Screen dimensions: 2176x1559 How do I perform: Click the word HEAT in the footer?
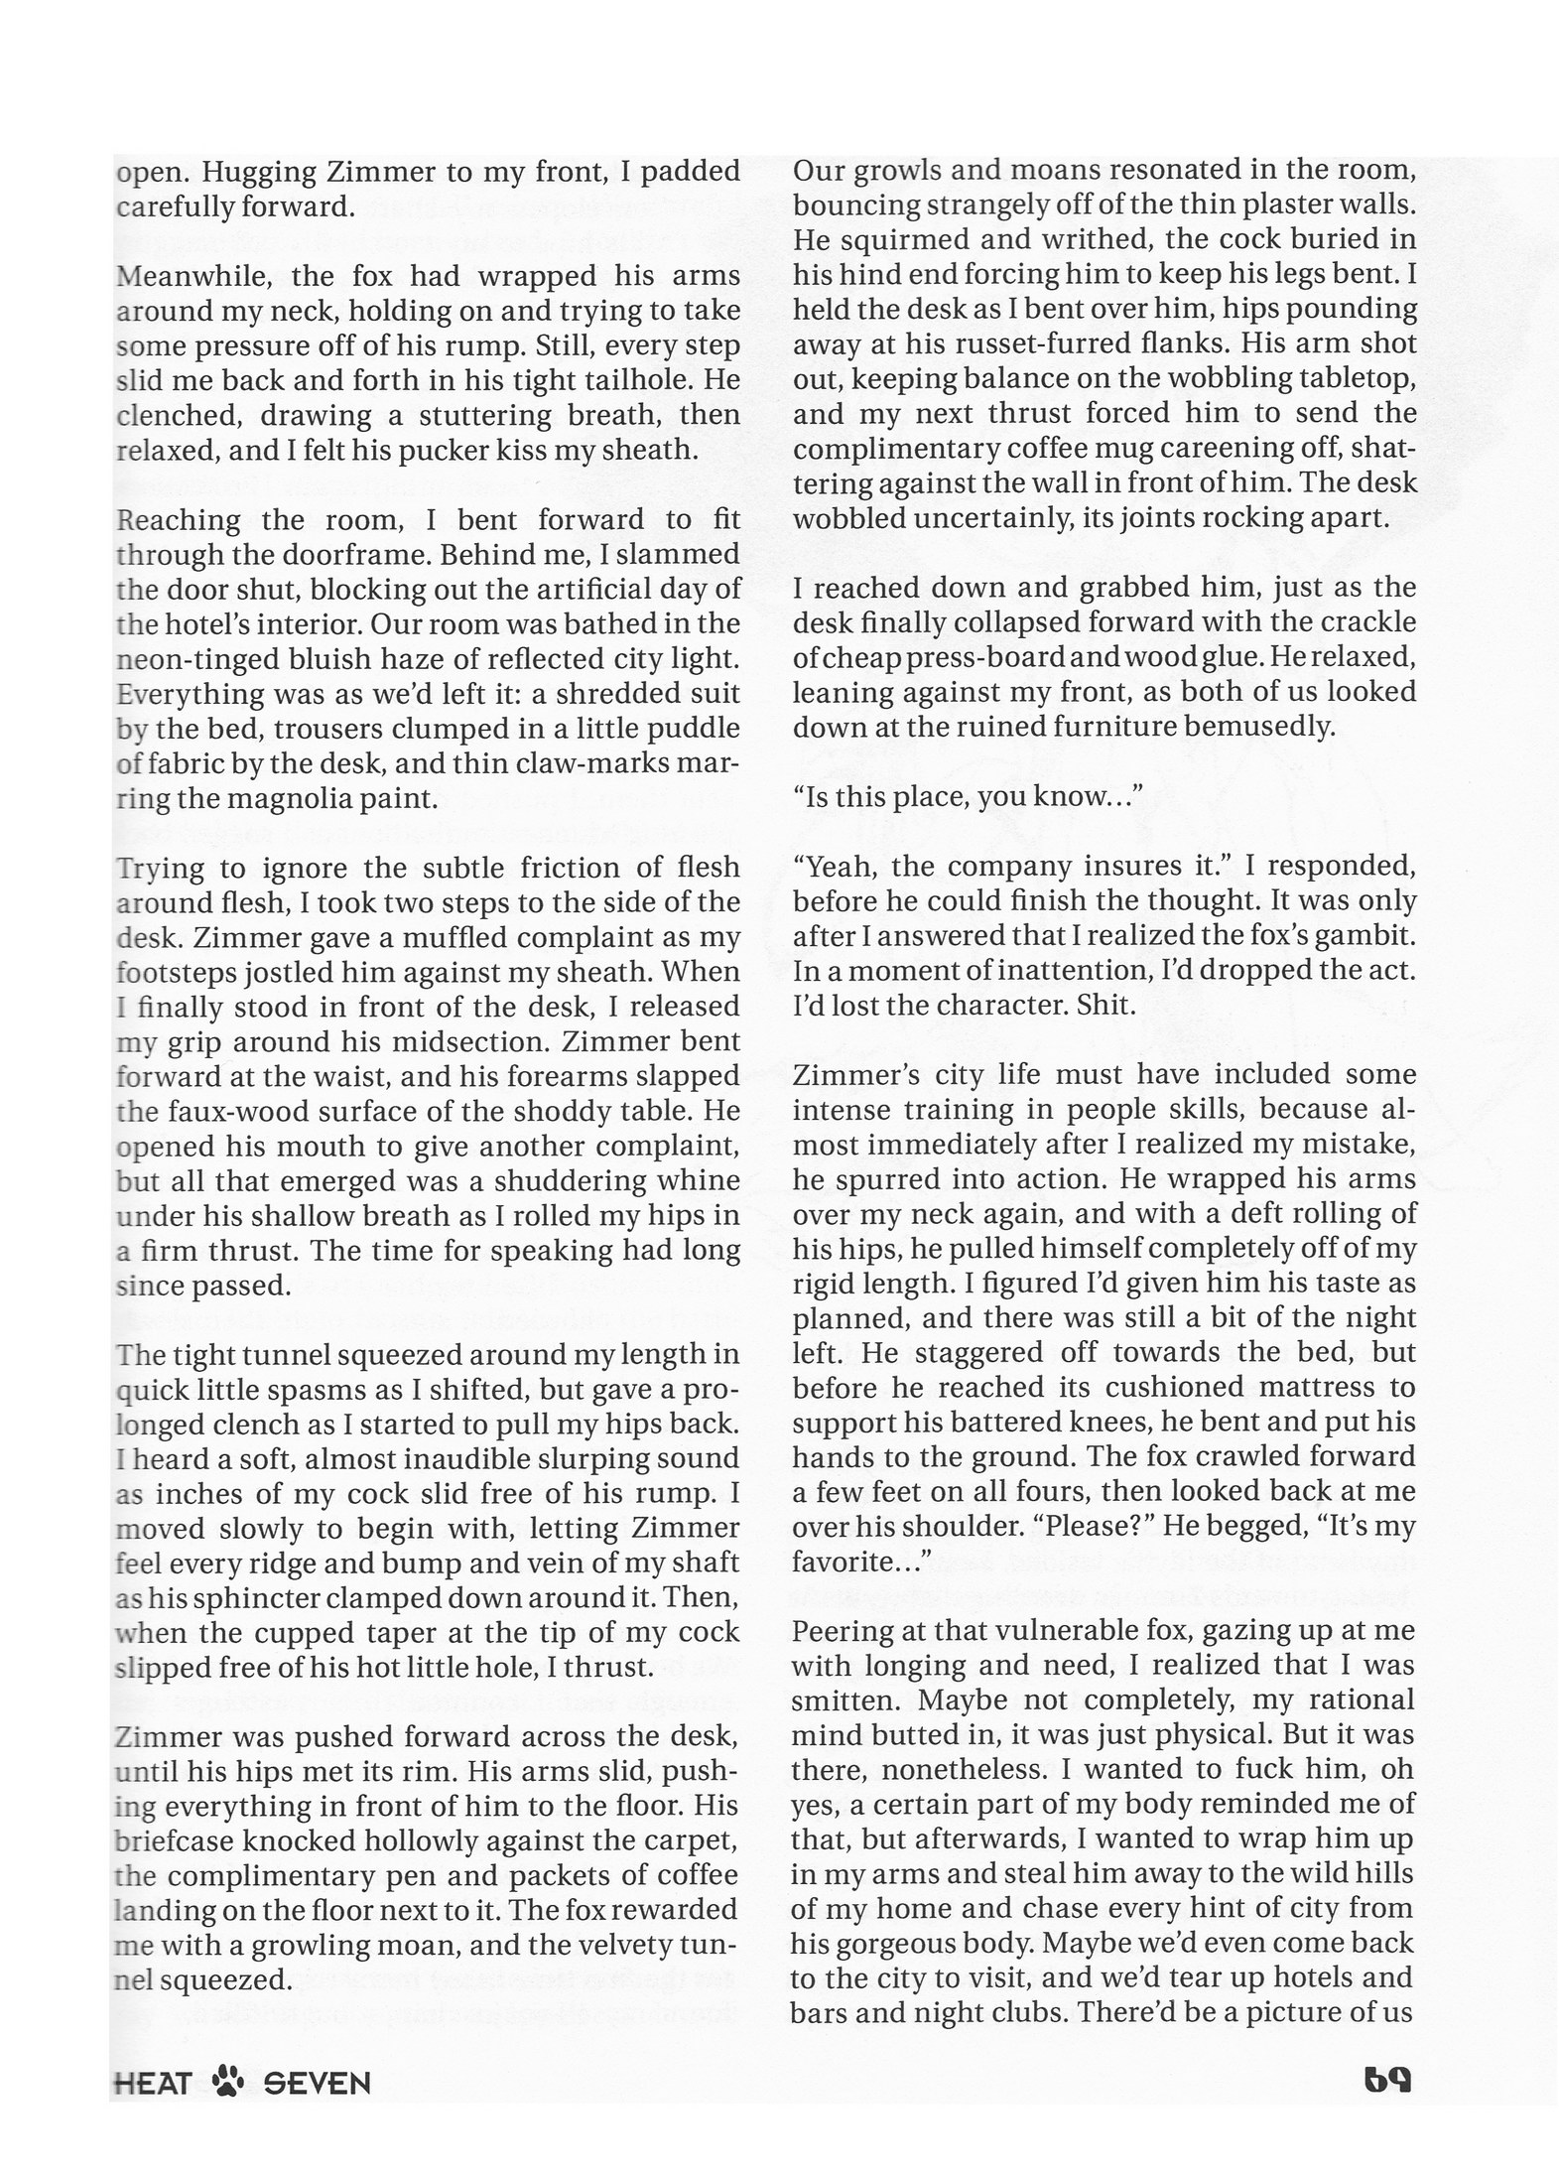[152, 2082]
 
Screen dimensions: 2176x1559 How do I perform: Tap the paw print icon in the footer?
[228, 2081]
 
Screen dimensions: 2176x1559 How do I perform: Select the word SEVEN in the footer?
[317, 2082]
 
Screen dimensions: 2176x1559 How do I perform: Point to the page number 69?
[1387, 2079]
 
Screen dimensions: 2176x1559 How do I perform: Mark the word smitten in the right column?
[844, 1700]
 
